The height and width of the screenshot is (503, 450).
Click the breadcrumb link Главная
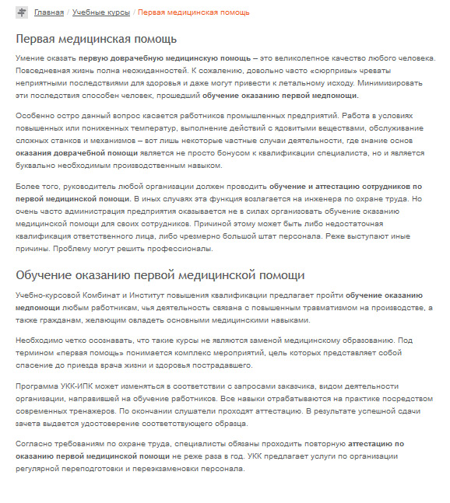coord(49,12)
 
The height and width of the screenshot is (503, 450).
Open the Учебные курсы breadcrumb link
coord(101,12)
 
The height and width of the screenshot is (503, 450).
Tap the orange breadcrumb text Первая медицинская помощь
coord(194,12)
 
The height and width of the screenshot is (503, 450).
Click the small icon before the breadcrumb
coord(22,12)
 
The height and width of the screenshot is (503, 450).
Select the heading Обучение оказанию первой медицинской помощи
coord(155,275)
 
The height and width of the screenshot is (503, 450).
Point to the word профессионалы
coord(168,249)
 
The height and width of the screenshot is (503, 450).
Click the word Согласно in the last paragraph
coord(34,445)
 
